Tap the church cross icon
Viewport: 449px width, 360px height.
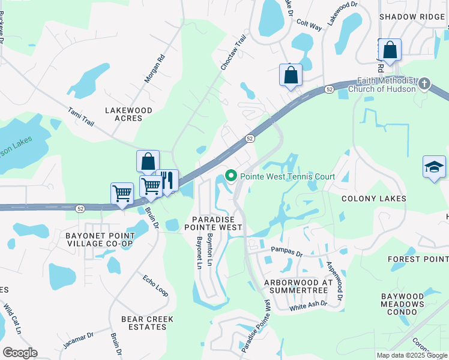click(424, 83)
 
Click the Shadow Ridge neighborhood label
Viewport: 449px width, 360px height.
click(411, 17)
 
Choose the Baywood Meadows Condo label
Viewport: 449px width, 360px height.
click(411, 304)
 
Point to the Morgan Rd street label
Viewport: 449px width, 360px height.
click(154, 70)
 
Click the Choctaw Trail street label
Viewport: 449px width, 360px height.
click(234, 53)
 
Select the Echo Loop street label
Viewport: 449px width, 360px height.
click(155, 286)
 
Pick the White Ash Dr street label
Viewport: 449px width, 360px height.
click(308, 304)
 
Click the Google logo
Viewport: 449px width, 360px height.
click(20, 353)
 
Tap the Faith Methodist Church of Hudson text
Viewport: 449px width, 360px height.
click(386, 85)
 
